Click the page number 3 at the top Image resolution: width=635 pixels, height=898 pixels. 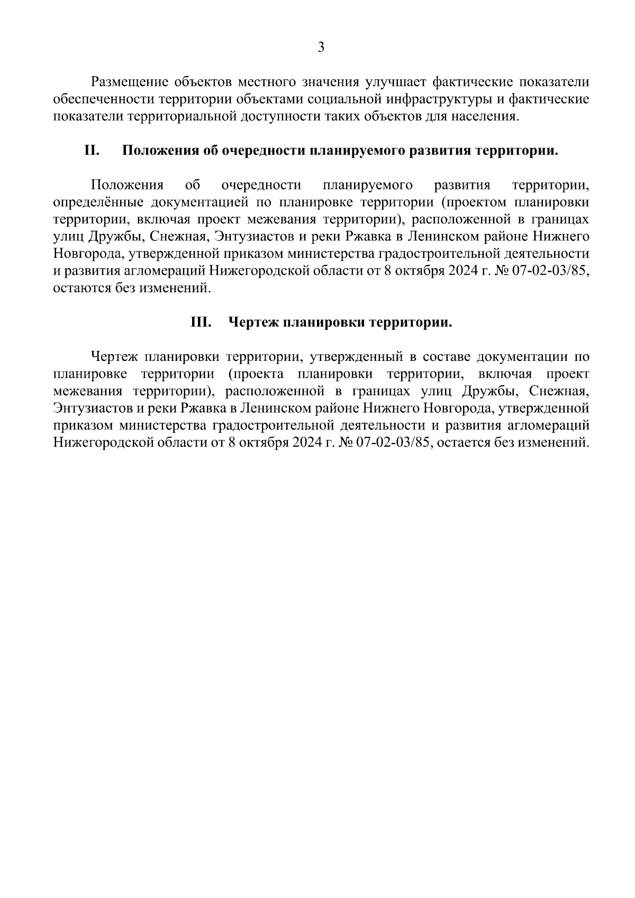[321, 48]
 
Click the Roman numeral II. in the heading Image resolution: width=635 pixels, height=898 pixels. [92, 150]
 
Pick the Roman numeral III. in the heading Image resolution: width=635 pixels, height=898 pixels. [201, 322]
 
